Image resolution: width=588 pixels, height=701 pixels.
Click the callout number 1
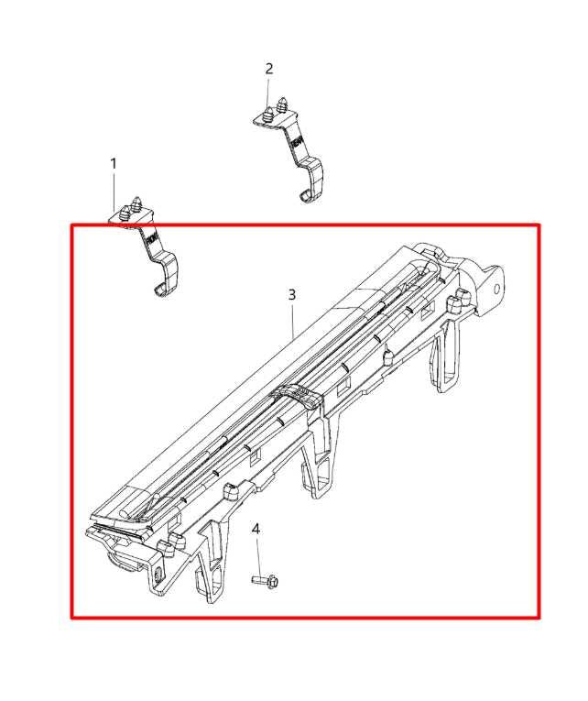coord(114,164)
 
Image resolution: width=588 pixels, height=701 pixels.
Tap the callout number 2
coord(269,69)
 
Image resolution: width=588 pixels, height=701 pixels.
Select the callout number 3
coord(292,295)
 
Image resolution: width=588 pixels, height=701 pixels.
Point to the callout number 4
coord(256,529)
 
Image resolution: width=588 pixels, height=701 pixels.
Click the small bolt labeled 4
coord(265,581)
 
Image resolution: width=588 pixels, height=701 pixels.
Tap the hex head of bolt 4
coord(274,582)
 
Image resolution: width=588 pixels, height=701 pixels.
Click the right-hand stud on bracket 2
coord(282,106)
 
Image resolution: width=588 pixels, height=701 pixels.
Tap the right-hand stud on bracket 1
coord(137,203)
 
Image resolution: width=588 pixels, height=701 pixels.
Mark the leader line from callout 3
coord(293,320)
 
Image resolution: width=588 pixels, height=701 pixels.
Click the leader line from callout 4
coord(257,555)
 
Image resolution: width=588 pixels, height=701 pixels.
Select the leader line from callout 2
coord(268,92)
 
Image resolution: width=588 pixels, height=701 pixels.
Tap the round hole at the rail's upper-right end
coord(496,288)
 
